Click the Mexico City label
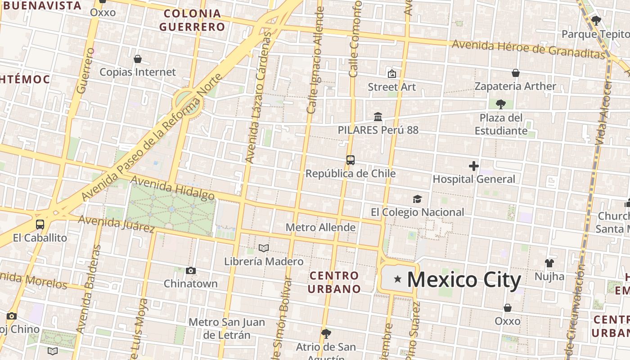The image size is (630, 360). [x=464, y=279]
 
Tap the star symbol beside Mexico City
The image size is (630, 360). [x=397, y=279]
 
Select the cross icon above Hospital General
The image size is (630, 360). [x=473, y=166]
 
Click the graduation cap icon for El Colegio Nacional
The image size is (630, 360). [x=417, y=199]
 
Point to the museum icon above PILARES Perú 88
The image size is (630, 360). [x=378, y=117]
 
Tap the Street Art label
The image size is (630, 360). [x=392, y=87]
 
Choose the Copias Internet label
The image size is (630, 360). [x=138, y=72]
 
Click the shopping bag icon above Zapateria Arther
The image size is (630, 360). [x=516, y=73]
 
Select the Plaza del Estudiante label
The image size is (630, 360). [x=501, y=124]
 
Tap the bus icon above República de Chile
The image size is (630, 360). [x=350, y=160]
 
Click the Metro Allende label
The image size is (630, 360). [x=320, y=227]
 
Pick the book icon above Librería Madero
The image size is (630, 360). [x=264, y=248]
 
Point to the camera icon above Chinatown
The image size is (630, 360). [x=191, y=270]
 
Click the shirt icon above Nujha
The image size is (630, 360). [x=549, y=263]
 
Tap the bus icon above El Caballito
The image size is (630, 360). [x=40, y=224]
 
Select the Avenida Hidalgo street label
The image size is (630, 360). [x=173, y=188]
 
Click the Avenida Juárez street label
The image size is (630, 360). [x=117, y=224]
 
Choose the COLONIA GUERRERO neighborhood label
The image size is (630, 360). [x=192, y=20]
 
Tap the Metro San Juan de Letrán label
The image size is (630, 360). [x=226, y=328]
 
